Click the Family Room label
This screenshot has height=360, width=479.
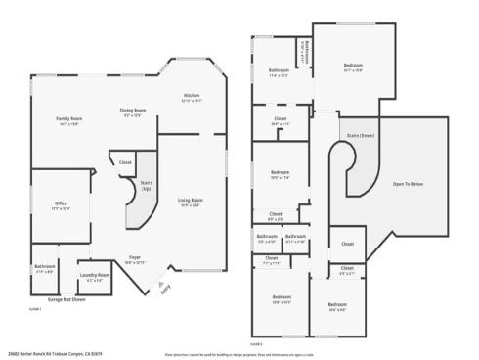click(69, 120)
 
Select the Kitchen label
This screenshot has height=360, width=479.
click(191, 98)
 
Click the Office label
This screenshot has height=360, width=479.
click(61, 204)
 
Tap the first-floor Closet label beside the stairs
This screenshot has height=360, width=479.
click(125, 162)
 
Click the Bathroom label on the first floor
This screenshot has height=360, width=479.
click(45, 267)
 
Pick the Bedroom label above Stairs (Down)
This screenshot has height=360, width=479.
click(353, 67)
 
